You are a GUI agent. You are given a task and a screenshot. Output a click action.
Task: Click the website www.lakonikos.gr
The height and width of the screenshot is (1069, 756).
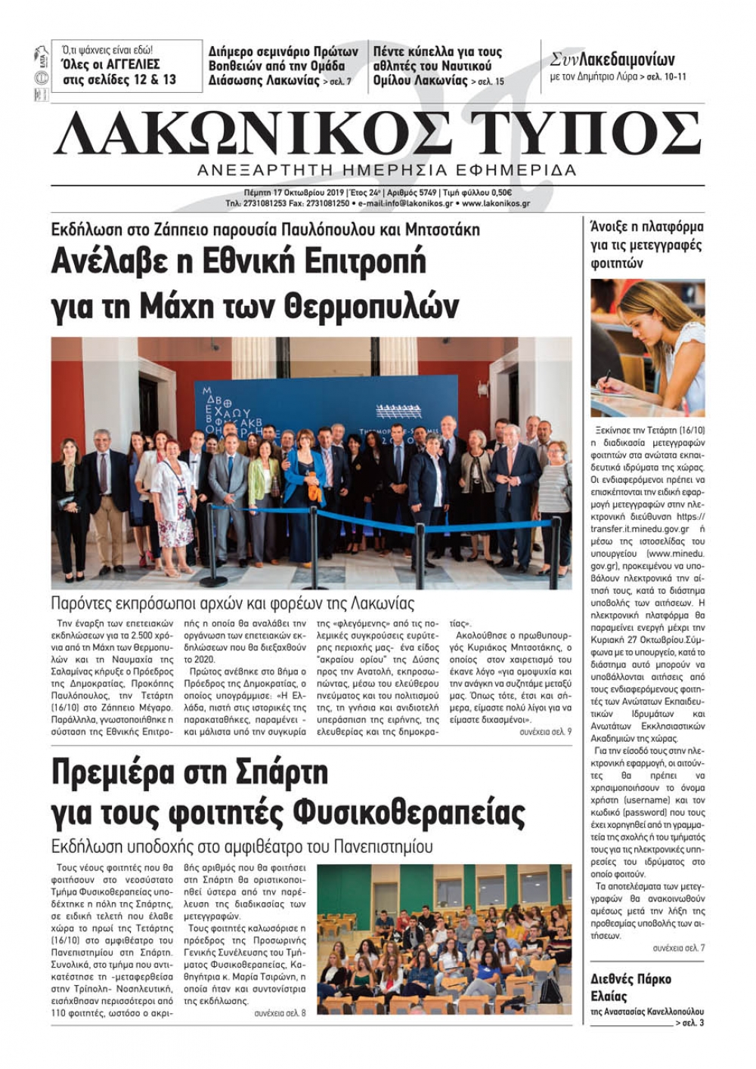tap(496, 204)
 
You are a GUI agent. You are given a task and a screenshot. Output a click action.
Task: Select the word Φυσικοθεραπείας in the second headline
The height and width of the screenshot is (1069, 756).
tap(408, 813)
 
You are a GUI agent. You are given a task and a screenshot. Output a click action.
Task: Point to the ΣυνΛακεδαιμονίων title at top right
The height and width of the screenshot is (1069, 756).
tap(612, 60)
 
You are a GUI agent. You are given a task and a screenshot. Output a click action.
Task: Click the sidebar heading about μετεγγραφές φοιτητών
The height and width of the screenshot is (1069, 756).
tap(646, 245)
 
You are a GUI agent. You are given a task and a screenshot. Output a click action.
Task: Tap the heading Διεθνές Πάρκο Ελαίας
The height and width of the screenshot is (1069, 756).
tap(631, 987)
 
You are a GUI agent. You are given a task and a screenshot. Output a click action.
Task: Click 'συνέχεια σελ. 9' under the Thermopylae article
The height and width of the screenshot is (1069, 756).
tap(545, 732)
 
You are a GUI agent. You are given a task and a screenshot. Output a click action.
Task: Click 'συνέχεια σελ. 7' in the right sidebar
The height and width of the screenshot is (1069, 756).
tap(678, 947)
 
